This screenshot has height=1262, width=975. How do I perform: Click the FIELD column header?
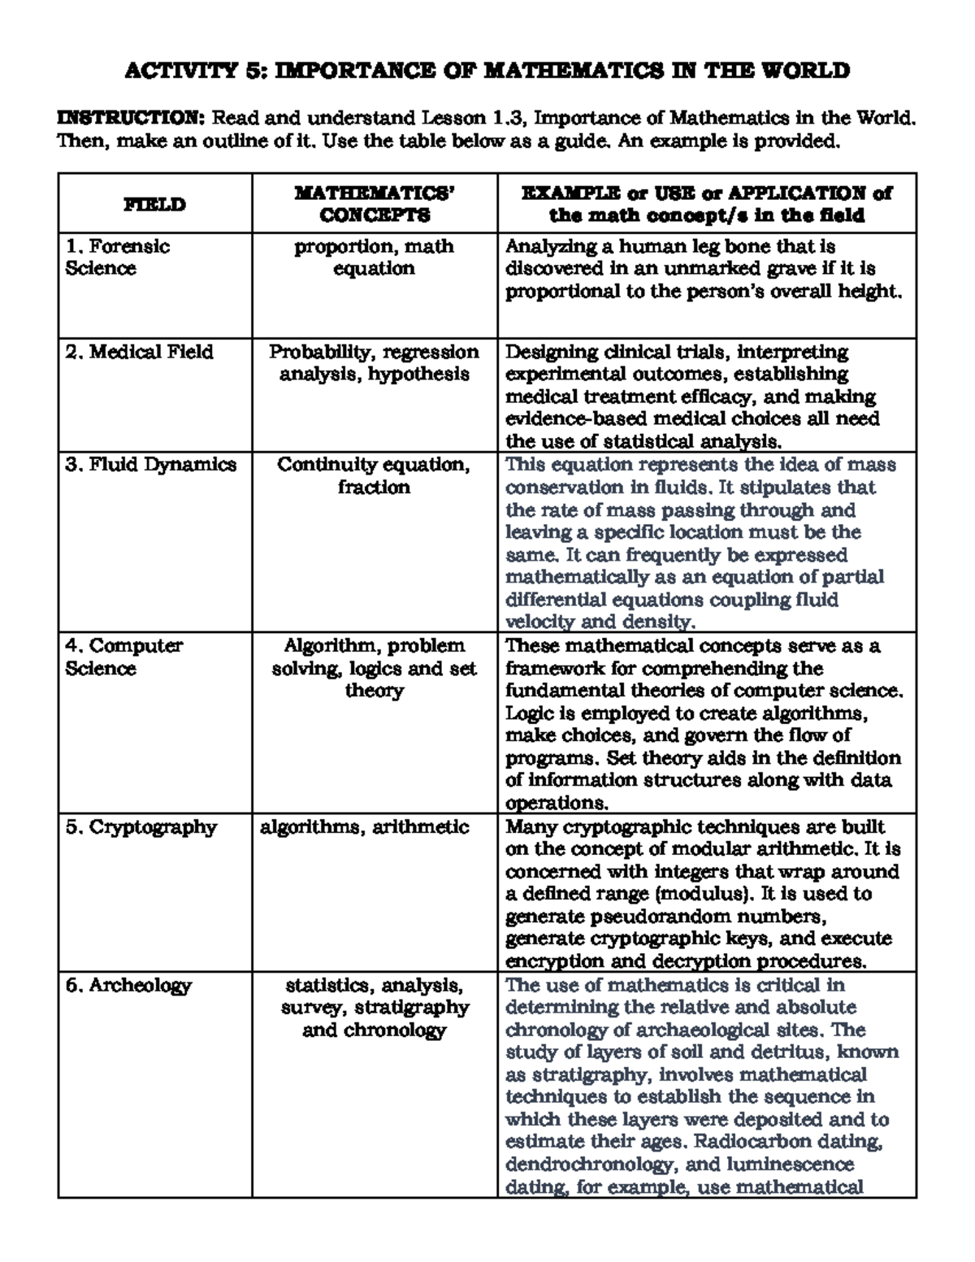click(154, 205)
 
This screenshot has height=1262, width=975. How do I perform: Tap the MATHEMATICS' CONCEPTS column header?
click(375, 204)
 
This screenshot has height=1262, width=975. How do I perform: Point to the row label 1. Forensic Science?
click(118, 258)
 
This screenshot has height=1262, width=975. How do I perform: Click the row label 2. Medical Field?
click(139, 352)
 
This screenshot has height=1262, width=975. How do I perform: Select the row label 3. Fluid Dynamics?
click(151, 465)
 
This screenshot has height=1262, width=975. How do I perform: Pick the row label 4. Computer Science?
click(124, 657)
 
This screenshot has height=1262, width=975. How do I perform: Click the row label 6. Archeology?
click(128, 986)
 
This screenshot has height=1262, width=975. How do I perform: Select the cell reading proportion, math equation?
click(375, 258)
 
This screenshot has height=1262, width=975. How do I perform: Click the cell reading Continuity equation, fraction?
click(374, 476)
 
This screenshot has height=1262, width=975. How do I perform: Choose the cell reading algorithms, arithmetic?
click(364, 827)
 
